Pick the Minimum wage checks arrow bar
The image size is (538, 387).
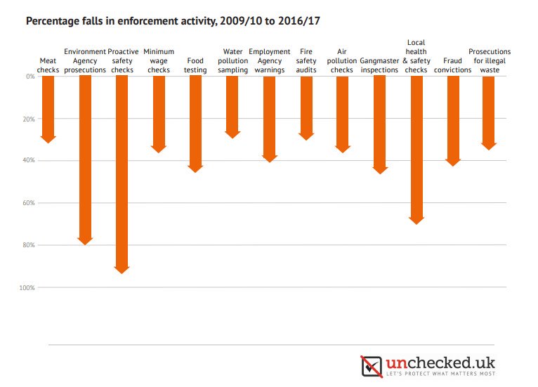[x=159, y=112]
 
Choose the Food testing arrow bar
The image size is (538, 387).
[x=195, y=122]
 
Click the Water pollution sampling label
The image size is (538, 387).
[x=232, y=60]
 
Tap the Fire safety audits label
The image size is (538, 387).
[x=306, y=60]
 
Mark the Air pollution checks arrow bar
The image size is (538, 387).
[x=342, y=112]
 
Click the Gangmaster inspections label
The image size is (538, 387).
[x=379, y=70]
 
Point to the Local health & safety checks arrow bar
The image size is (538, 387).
[x=416, y=147]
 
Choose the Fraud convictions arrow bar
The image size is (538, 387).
[x=453, y=119]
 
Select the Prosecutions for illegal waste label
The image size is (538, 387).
[x=490, y=60]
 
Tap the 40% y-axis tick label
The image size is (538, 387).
[x=29, y=161]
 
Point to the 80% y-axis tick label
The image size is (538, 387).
[x=29, y=245]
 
